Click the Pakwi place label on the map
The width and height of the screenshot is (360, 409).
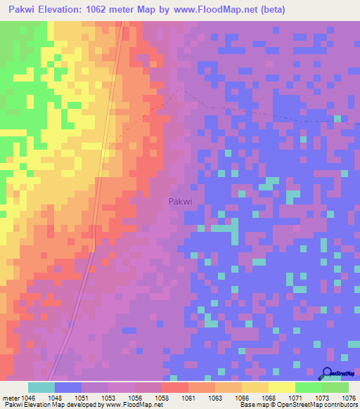(181, 202)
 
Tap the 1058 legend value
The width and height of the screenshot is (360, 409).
(161, 397)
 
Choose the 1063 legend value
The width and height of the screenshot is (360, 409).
(214, 397)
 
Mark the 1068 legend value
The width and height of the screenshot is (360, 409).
(268, 397)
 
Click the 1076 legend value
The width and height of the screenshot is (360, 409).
(349, 397)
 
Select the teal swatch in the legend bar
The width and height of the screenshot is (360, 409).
(41, 387)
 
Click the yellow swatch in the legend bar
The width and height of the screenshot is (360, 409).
(281, 387)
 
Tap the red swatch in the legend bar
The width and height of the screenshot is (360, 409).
(174, 387)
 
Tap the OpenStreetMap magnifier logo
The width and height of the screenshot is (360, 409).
(327, 374)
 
